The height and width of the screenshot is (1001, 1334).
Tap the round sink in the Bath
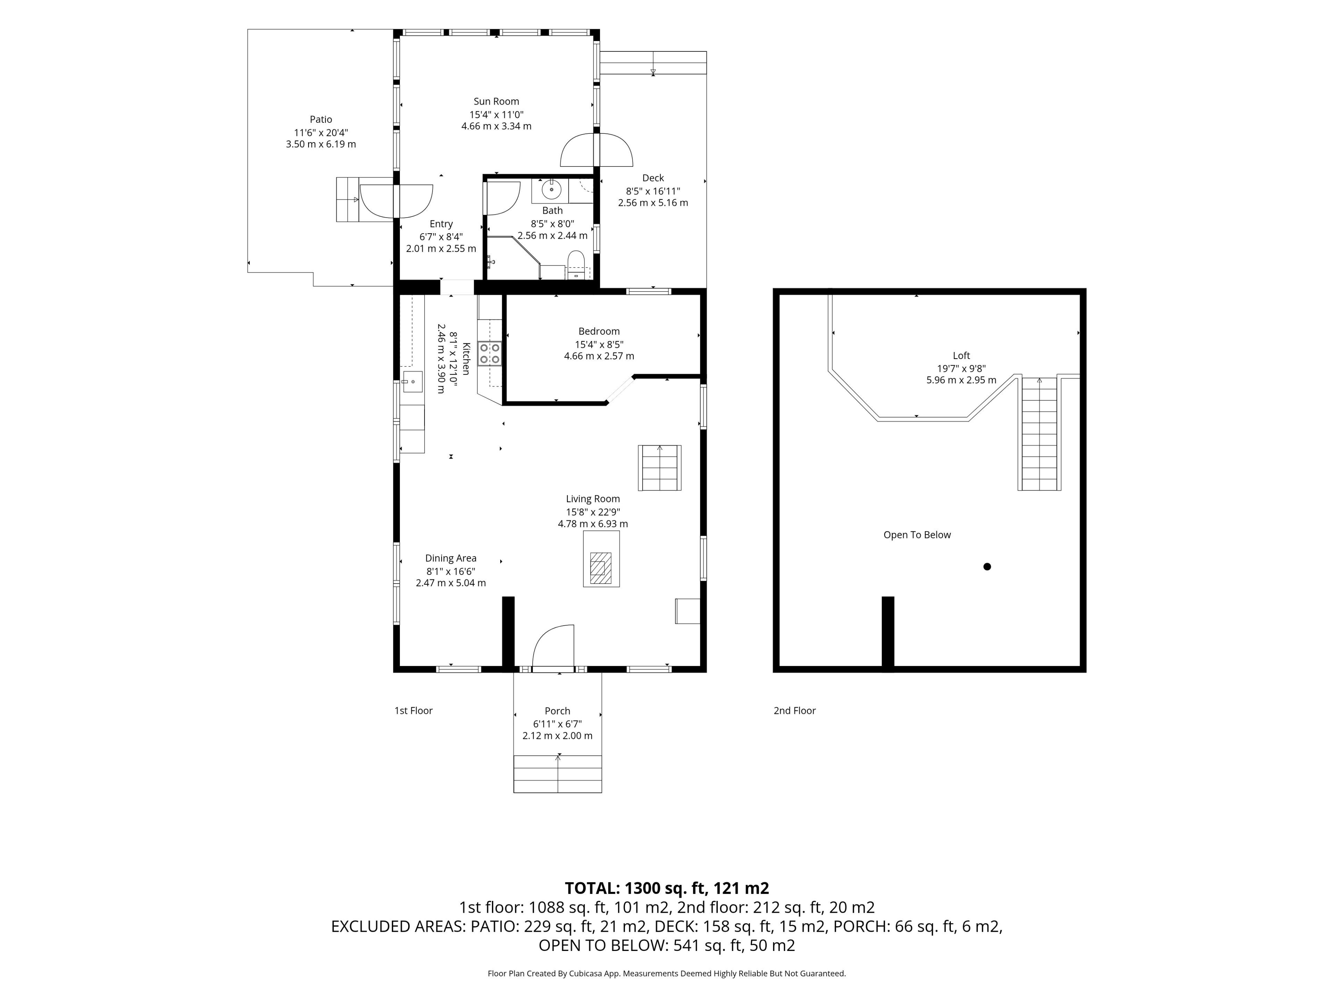pyautogui.click(x=551, y=190)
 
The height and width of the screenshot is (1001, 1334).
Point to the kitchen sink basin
pyautogui.click(x=412, y=382)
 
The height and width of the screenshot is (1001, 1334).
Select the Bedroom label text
pyautogui.click(x=599, y=331)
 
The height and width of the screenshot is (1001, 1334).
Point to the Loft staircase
pyautogui.click(x=1039, y=433)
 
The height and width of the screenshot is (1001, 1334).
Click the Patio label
pyautogui.click(x=321, y=120)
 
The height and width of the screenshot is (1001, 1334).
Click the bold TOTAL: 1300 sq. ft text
pyautogui.click(x=636, y=888)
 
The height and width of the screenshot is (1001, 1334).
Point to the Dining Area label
pyautogui.click(x=451, y=558)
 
